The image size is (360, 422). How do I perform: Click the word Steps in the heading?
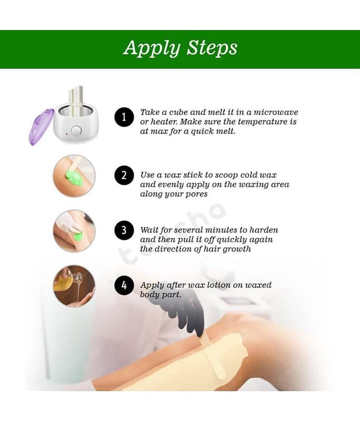(212, 48)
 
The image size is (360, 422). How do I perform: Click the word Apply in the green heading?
(152, 49)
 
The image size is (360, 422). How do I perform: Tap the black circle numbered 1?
(124, 117)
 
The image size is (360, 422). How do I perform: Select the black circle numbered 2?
(124, 175)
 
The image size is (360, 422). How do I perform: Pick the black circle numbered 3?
(124, 231)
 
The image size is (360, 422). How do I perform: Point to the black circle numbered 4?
(124, 285)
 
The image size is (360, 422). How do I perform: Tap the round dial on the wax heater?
(76, 130)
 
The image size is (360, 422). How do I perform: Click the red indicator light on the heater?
(66, 133)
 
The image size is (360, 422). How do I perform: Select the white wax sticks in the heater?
(76, 100)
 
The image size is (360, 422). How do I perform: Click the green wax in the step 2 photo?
(75, 178)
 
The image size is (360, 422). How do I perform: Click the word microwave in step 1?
(276, 112)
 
